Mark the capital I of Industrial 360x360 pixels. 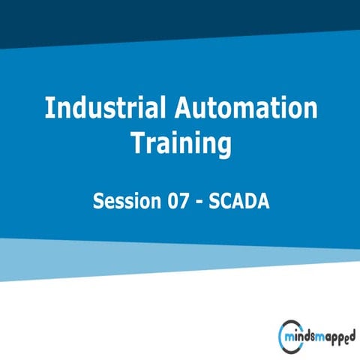coord(49,109)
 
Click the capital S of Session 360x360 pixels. coord(98,202)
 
